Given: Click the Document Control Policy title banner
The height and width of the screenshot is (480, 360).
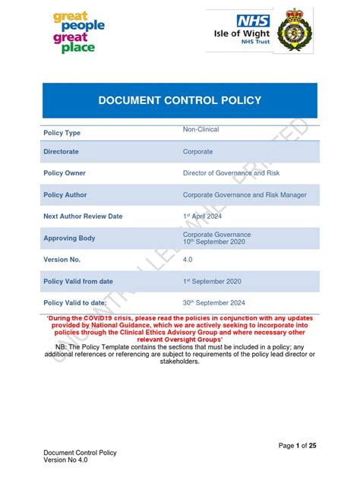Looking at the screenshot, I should coord(180,100).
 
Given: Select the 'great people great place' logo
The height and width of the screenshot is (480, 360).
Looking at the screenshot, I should coord(79,32).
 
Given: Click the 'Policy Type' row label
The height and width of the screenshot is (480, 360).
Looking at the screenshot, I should coord(62,133).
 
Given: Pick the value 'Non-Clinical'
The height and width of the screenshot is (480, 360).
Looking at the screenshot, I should coord(201,130).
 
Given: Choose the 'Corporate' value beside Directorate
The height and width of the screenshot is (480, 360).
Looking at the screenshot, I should coord(197,152).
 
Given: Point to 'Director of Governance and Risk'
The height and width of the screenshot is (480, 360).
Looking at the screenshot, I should coord(231,173).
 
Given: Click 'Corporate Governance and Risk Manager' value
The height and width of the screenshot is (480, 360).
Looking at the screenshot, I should coord(245,195).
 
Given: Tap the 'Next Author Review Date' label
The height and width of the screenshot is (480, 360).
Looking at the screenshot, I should coord(83,216).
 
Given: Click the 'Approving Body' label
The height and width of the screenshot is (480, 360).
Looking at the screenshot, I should coord(70,238).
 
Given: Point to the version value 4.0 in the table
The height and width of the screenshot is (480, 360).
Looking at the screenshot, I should coord(188,259).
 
